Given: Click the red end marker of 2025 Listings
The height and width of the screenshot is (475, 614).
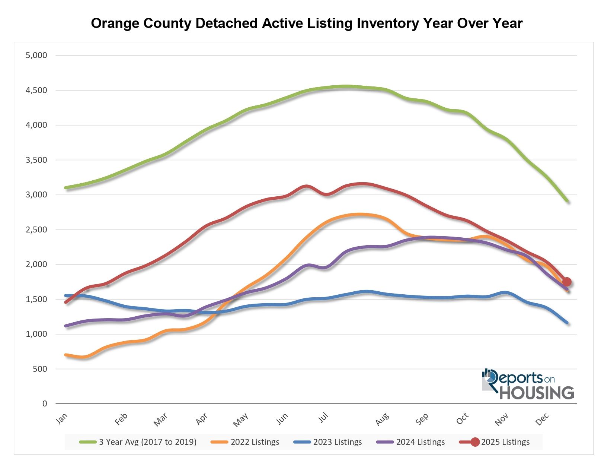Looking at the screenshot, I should coord(567,282).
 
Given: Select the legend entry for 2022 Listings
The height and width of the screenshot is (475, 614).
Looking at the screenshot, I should coord(255,442).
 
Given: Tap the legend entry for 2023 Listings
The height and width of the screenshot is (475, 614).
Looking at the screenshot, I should coord(338,442).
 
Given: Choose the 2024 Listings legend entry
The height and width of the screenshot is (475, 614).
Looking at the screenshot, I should coord(420,442).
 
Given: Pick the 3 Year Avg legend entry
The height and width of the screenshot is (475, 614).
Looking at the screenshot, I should coord(147,442).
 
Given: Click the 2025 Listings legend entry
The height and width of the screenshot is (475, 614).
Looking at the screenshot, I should coord(505,442).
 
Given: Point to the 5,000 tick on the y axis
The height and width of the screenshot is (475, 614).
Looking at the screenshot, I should coord(36,56).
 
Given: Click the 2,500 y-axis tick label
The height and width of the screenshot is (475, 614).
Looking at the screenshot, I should coord(36,229).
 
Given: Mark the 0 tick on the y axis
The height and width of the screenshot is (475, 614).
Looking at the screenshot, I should coord(45,403).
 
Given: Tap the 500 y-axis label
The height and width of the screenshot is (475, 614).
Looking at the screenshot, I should coord(39,369).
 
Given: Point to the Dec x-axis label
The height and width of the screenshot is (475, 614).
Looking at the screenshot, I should coord(542,419).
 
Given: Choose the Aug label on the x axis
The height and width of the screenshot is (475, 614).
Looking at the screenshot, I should coord(382,419).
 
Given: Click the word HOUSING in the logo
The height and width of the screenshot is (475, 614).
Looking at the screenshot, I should coord(536,393).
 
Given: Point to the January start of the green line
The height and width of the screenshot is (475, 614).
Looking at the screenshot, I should coord(66,188).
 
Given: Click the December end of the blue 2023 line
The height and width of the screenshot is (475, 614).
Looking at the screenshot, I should coord(567,323).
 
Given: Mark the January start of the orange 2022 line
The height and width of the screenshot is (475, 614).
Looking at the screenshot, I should coord(66,355).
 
